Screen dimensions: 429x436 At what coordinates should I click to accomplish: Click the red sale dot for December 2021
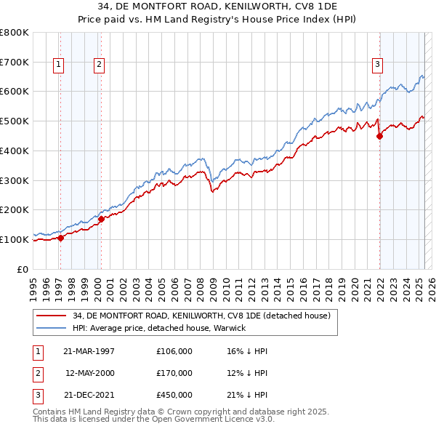click(379, 135)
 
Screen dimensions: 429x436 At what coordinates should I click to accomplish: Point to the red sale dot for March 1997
click(61, 237)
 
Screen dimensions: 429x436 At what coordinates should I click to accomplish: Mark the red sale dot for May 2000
click(102, 218)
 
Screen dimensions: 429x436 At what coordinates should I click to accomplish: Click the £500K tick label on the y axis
click(14, 121)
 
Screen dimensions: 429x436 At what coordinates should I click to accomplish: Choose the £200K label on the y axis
click(14, 209)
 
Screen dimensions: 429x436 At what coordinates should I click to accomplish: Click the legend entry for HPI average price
click(158, 328)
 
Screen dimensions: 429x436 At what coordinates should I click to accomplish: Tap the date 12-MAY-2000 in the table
click(90, 373)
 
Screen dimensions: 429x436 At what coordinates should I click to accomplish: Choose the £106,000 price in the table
click(174, 351)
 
